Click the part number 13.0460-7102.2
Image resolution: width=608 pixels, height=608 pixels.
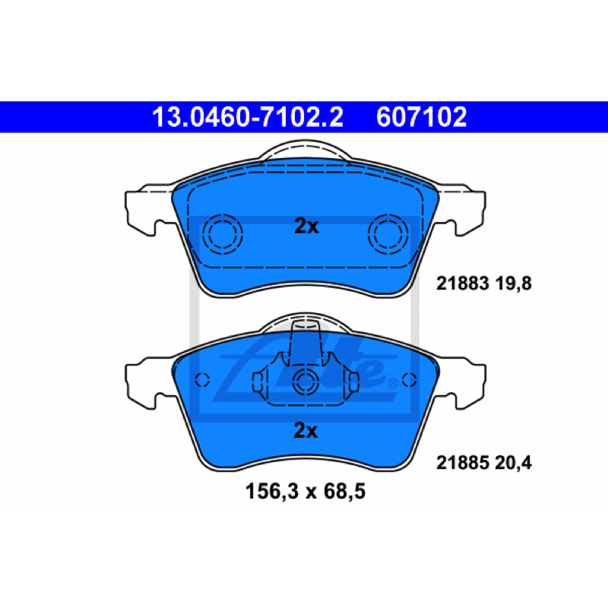(x=248, y=117)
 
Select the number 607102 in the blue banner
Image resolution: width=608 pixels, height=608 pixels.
(x=421, y=117)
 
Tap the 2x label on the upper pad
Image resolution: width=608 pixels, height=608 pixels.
(x=306, y=226)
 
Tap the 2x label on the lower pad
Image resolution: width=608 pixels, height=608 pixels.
(x=306, y=430)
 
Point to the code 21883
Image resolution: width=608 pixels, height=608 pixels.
(x=462, y=283)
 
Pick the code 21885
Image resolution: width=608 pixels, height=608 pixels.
(x=462, y=463)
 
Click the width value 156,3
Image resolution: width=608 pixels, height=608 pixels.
(x=272, y=492)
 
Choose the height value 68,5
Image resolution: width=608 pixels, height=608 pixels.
(x=345, y=492)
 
